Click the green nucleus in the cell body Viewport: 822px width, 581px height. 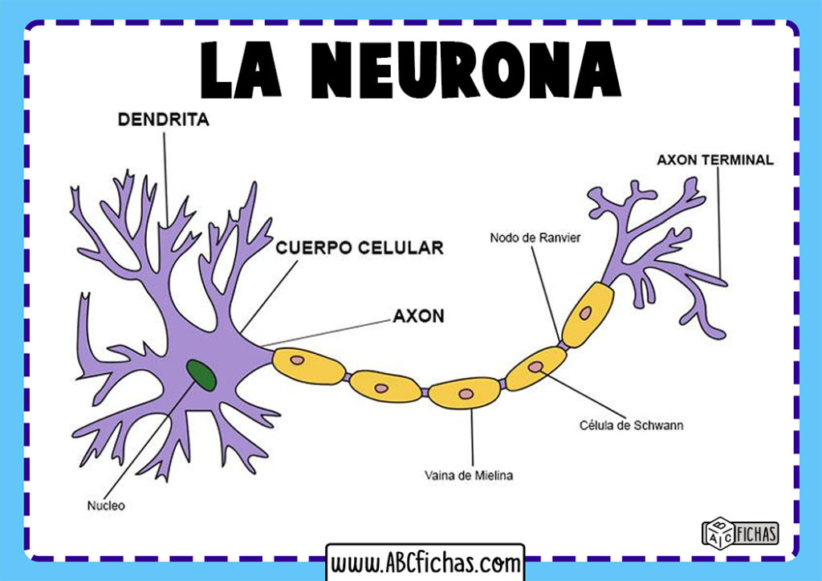[201, 375]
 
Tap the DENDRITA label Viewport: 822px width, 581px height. [163, 120]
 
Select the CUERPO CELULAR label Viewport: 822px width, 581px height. [359, 248]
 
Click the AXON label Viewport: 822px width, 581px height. [418, 315]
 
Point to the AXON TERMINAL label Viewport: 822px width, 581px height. [715, 160]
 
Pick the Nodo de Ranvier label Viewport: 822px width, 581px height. [535, 238]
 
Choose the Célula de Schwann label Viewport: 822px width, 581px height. [631, 425]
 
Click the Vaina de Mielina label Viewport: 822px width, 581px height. [469, 475]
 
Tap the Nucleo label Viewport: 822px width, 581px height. [106, 506]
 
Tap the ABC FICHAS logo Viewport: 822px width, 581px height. [739, 532]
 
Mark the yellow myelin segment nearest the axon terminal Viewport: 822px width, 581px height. [588, 312]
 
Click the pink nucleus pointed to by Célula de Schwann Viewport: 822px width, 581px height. [535, 366]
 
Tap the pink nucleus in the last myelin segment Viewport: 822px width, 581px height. [587, 311]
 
